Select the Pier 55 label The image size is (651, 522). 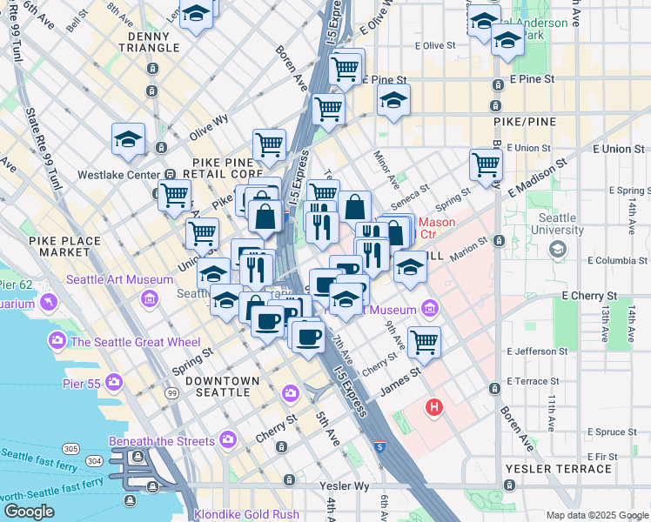pos(82,383)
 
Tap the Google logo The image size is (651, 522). pos(29,511)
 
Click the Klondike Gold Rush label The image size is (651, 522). pos(245,514)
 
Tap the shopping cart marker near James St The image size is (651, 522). pos(424,342)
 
